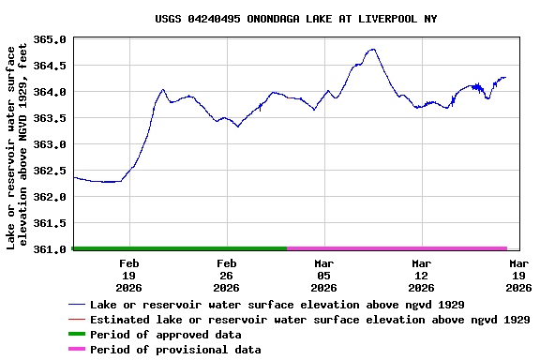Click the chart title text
click(282, 19)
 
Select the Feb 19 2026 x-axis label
click(129, 276)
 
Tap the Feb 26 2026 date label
click(227, 276)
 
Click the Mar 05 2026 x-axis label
click(324, 276)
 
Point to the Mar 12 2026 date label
click(421, 276)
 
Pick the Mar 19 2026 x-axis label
click(518, 276)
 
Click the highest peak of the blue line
click(373, 50)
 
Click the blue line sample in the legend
click(77, 305)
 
